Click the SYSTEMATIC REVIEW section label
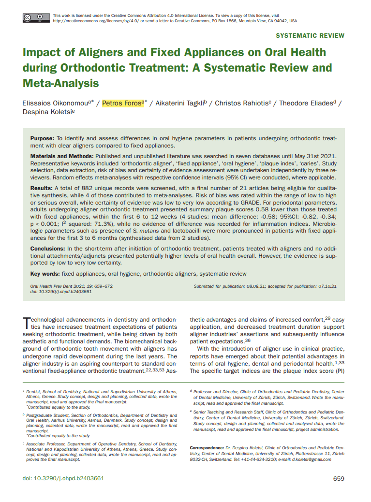coord(310,35)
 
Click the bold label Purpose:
coord(43,138)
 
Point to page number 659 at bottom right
coord(339,478)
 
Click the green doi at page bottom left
coord(63,478)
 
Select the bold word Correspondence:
coord(207,448)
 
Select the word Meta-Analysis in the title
coord(60,83)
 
